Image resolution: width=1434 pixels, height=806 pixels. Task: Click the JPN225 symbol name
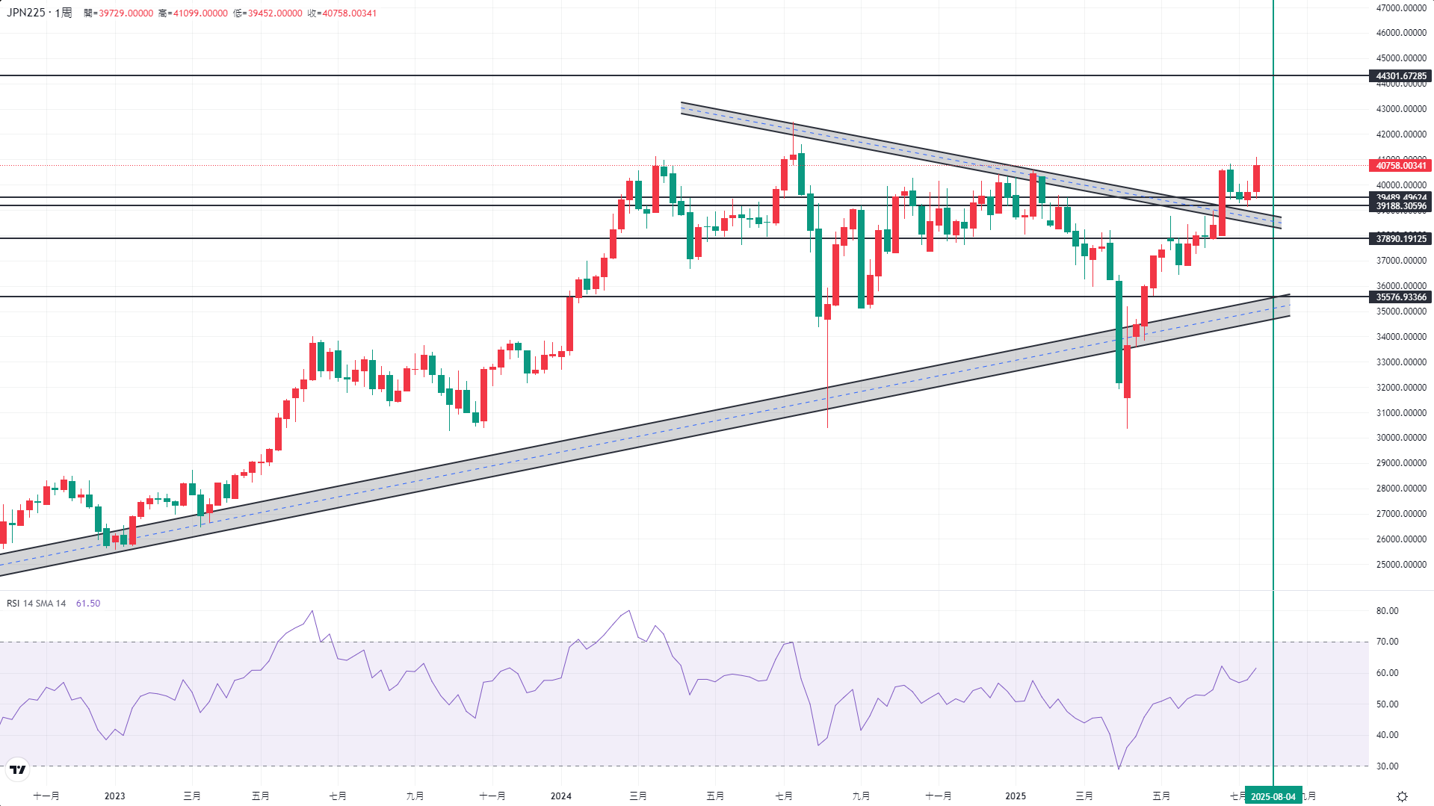[x=26, y=13]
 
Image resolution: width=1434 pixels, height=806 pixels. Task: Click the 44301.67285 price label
[x=1401, y=76]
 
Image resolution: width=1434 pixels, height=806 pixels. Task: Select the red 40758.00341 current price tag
[x=1401, y=166]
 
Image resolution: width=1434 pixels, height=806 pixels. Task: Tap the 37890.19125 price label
[x=1401, y=239]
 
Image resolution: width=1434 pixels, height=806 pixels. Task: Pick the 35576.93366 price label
[x=1401, y=297]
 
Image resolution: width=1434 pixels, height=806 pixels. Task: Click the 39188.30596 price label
[x=1401, y=207]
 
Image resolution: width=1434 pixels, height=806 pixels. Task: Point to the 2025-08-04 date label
[x=1273, y=796]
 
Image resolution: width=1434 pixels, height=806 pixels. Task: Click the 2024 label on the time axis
[x=560, y=796]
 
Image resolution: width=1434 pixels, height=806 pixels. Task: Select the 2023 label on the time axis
[x=114, y=796]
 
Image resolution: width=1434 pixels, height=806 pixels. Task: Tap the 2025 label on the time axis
[x=1015, y=796]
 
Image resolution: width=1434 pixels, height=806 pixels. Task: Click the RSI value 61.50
[x=88, y=604]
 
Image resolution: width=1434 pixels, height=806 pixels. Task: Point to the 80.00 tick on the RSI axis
[x=1387, y=611]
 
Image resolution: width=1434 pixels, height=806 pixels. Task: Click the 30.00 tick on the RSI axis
[x=1387, y=766]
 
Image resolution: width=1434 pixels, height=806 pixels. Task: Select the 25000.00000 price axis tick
[x=1401, y=565]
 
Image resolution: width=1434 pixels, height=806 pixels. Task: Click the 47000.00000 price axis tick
[x=1401, y=8]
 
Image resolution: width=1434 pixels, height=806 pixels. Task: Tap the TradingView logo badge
[x=17, y=769]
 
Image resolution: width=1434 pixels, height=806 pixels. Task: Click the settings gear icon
[x=1402, y=796]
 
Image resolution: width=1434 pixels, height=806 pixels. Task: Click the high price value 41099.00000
[x=200, y=13]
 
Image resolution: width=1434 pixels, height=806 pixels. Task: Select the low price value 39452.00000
[x=275, y=13]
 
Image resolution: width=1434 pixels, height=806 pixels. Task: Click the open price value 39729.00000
[x=126, y=13]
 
